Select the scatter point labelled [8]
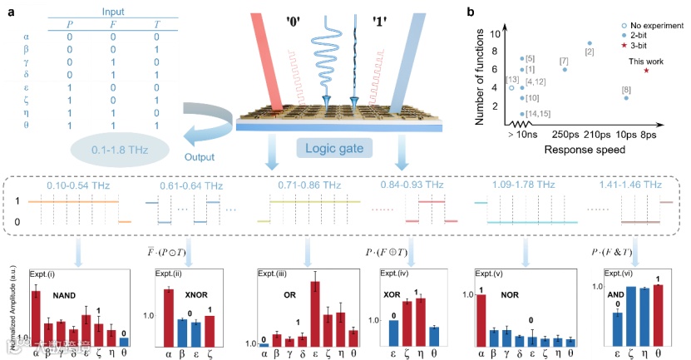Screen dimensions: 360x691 [625, 98]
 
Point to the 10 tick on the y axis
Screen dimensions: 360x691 [496, 34]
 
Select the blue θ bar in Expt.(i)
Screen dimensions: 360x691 [124, 341]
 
